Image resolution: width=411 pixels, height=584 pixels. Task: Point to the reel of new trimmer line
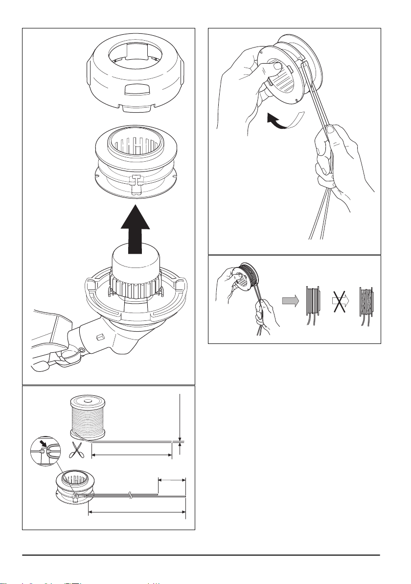(x=88, y=416)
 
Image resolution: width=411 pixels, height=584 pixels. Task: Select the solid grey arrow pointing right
(x=291, y=303)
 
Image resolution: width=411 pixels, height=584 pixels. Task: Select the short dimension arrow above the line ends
(x=172, y=480)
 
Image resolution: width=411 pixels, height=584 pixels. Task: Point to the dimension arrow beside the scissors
(x=132, y=455)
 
